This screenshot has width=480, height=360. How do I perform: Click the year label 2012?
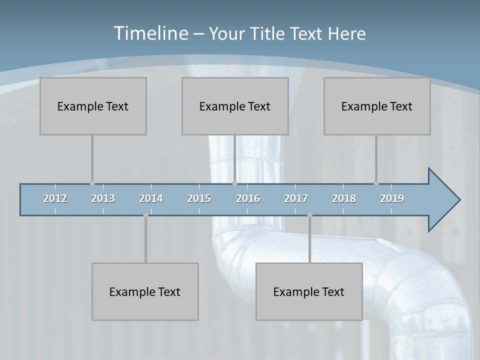pyautogui.click(x=55, y=198)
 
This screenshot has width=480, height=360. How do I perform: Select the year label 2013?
pyautogui.click(x=103, y=198)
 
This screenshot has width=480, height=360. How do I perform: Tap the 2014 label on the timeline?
pyautogui.click(x=151, y=198)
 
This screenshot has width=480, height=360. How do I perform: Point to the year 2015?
pyautogui.click(x=199, y=198)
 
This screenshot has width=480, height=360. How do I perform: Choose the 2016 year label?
pyautogui.click(x=248, y=198)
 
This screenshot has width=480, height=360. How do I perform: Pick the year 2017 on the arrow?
pyautogui.click(x=296, y=198)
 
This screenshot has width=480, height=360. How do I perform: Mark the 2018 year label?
pyautogui.click(x=344, y=198)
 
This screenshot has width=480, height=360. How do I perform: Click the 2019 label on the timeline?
pyautogui.click(x=392, y=198)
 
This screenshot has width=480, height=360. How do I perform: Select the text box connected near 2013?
pyautogui.click(x=93, y=106)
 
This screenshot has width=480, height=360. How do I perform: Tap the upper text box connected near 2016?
pyautogui.click(x=235, y=106)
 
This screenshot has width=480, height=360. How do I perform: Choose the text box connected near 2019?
pyautogui.click(x=377, y=106)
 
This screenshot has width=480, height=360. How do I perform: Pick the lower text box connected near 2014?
pyautogui.click(x=145, y=291)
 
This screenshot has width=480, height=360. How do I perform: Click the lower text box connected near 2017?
pyautogui.click(x=309, y=291)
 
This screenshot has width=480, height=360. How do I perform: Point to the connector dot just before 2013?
pyautogui.click(x=92, y=183)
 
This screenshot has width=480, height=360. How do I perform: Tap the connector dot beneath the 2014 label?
pyautogui.click(x=145, y=215)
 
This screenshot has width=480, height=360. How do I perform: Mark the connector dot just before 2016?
pyautogui.click(x=234, y=183)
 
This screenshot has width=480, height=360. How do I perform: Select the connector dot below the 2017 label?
pyautogui.click(x=309, y=215)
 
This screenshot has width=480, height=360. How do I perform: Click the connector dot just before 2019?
pyautogui.click(x=376, y=183)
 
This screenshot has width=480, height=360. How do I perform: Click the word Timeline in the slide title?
pyautogui.click(x=150, y=33)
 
